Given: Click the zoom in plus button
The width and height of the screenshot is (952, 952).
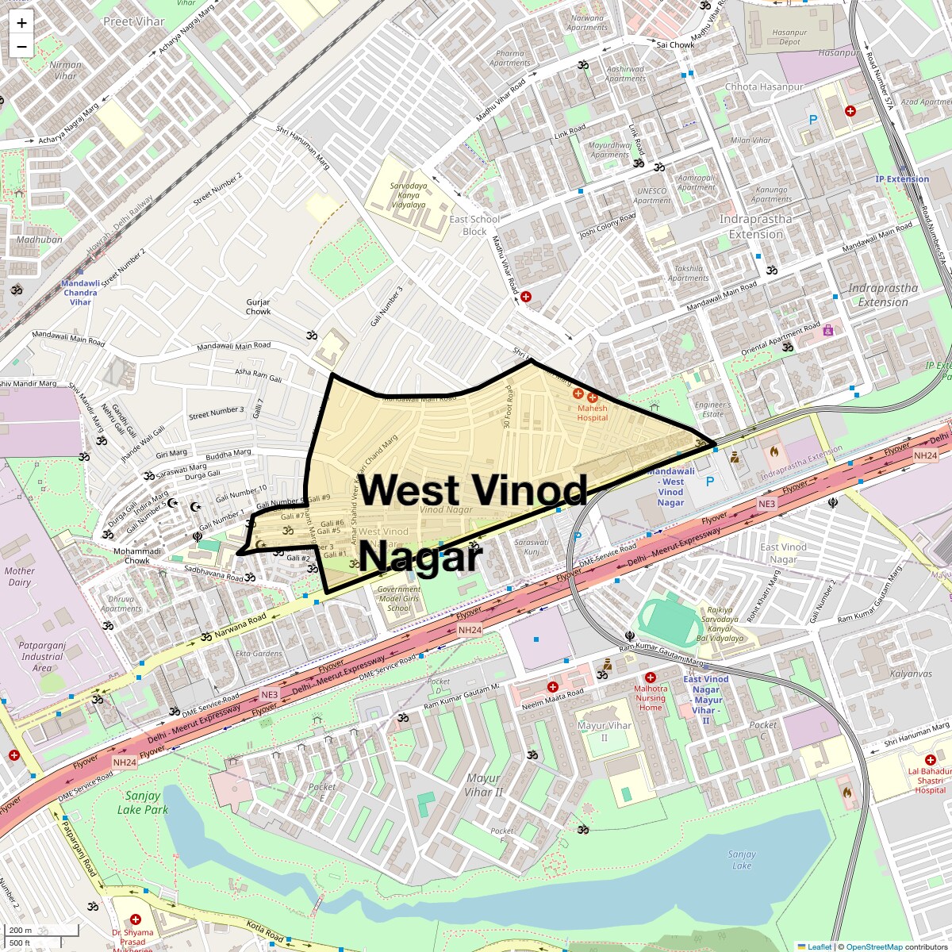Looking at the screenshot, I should (21, 23).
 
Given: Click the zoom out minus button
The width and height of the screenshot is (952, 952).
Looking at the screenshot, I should (21, 46).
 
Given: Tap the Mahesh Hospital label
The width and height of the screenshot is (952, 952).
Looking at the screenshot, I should (592, 413).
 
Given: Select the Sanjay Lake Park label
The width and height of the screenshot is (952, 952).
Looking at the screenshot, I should (143, 802).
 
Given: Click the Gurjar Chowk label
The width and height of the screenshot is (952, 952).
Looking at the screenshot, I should (258, 307).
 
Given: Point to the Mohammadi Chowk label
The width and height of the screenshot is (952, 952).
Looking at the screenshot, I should (137, 555).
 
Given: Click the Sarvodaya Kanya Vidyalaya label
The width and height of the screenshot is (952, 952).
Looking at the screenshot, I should (408, 195).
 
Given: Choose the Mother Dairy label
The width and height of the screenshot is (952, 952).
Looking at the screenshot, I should (19, 576).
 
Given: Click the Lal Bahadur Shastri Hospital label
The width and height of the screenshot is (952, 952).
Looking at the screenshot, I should (930, 780).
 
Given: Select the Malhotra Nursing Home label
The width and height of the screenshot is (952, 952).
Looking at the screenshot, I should (651, 698).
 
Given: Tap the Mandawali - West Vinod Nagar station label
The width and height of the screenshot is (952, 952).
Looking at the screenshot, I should (670, 486).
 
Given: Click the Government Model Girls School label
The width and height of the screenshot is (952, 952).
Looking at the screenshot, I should (399, 599).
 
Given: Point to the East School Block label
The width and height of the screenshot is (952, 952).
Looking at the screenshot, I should (474, 225).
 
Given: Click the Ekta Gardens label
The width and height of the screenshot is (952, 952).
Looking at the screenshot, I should (259, 654).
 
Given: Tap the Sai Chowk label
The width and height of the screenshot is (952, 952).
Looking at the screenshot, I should (675, 45).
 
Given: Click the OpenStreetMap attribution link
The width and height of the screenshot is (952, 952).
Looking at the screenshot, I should (873, 946).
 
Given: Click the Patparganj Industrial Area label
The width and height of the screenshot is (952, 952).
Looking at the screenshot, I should (42, 657).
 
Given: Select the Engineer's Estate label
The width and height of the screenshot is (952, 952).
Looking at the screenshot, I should (712, 409).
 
